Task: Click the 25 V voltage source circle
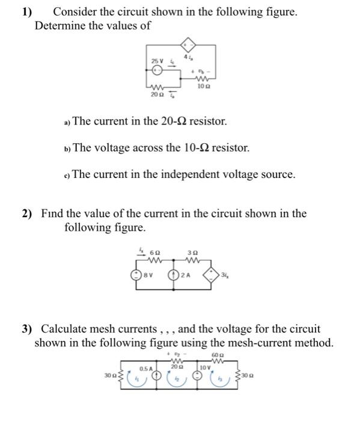click(156, 70)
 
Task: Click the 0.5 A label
click(145, 367)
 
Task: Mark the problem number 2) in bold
click(28, 214)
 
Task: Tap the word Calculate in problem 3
click(64, 329)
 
